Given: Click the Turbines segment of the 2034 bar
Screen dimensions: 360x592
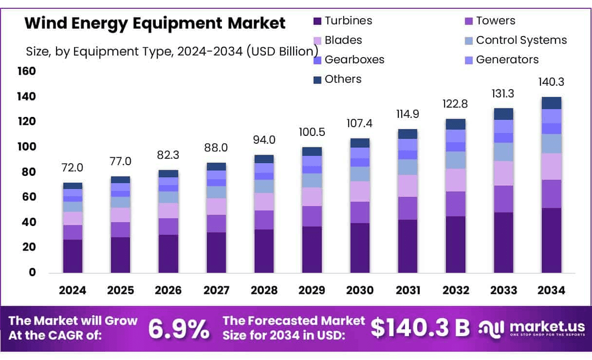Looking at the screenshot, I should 551,240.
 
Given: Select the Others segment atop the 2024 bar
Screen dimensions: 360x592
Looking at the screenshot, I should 73,186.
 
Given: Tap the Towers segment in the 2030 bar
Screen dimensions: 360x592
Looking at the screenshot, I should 360,212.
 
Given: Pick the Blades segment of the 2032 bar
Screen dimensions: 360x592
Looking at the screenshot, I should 455,180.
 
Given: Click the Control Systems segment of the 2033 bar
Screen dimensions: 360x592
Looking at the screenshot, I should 503,152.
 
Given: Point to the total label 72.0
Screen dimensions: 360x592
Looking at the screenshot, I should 73,168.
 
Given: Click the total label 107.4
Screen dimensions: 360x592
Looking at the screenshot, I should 360,124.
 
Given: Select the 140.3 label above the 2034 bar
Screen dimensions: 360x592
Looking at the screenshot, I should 551,82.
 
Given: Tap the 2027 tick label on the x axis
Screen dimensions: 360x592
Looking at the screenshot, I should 216,290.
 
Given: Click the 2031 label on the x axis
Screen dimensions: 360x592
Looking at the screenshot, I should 407,290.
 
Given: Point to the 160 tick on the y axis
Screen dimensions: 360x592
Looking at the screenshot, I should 27,72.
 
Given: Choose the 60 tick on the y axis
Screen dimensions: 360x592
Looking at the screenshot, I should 29,197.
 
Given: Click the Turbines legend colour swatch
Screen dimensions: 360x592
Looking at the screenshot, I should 317,21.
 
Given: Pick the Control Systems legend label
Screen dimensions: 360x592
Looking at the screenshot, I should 521,40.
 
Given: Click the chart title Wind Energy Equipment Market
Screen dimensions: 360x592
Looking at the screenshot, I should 155,23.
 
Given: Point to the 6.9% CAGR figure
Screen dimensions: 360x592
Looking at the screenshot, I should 178,330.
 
